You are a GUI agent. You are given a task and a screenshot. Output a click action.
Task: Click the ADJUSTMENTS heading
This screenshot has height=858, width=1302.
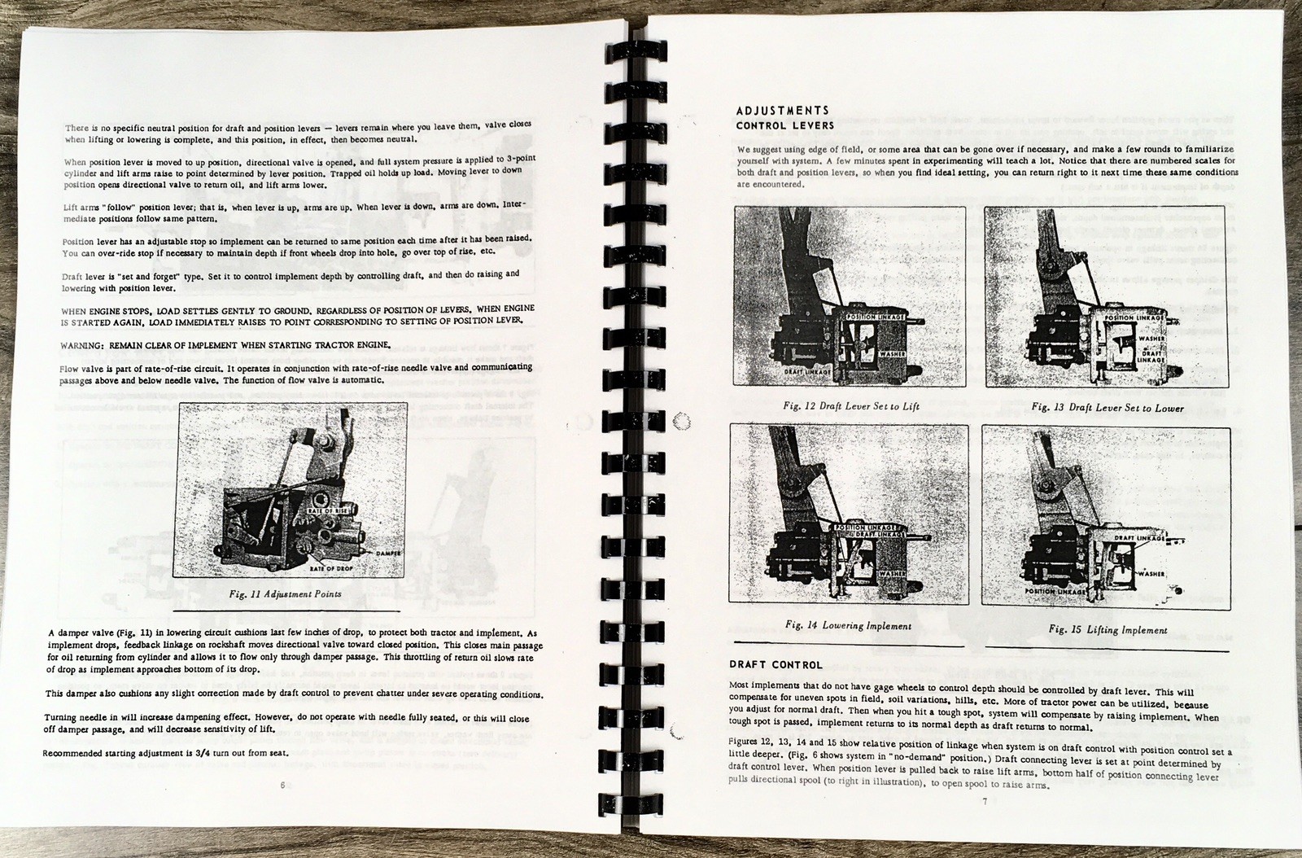click(782, 111)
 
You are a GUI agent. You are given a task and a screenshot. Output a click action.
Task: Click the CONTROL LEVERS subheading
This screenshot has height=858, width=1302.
click(784, 126)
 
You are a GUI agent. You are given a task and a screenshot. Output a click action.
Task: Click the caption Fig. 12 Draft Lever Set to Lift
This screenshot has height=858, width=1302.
click(851, 406)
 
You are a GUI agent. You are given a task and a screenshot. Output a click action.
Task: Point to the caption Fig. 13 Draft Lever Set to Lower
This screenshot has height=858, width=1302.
click(1108, 407)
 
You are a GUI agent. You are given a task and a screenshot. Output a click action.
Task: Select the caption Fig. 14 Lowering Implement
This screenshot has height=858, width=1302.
click(847, 626)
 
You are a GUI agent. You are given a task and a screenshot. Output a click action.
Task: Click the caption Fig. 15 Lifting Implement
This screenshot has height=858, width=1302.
click(1108, 629)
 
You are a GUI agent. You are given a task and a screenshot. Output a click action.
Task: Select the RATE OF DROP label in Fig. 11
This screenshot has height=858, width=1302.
click(335, 567)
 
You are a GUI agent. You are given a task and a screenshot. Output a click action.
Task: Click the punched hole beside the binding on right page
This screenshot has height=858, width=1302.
click(683, 421)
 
